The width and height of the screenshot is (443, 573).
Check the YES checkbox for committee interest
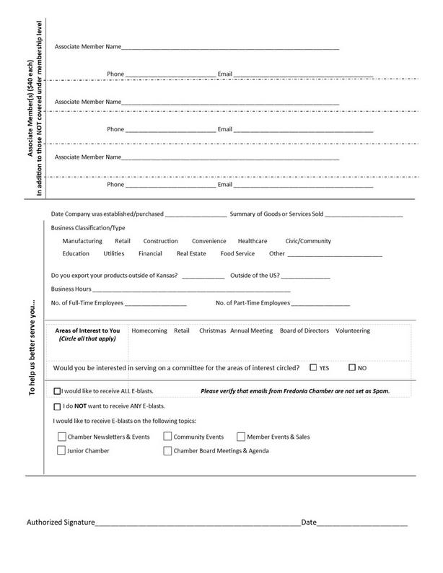tap(313, 367)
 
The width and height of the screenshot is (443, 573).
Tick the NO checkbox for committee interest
tap(352, 367)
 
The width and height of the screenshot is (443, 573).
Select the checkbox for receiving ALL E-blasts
tap(58, 391)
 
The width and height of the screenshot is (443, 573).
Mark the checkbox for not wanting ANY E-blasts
tap(58, 406)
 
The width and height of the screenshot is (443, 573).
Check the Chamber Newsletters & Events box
tap(61, 437)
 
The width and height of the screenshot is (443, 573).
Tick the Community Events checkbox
tap(167, 437)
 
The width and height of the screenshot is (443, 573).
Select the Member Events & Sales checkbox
tap(241, 437)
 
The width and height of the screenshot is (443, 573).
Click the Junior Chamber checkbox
tap(61, 451)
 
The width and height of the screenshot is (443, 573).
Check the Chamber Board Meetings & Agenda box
tap(167, 451)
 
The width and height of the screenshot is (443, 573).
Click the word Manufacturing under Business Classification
tap(82, 241)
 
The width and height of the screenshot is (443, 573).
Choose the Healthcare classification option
tap(253, 241)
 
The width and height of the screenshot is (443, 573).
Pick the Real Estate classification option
tap(192, 254)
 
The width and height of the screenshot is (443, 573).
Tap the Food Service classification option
tap(237, 254)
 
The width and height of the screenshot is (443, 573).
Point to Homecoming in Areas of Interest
tap(149, 331)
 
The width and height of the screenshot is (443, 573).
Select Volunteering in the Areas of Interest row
tap(353, 331)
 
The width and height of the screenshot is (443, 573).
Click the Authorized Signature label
tap(61, 522)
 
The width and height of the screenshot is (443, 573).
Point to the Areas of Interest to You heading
tap(88, 331)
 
